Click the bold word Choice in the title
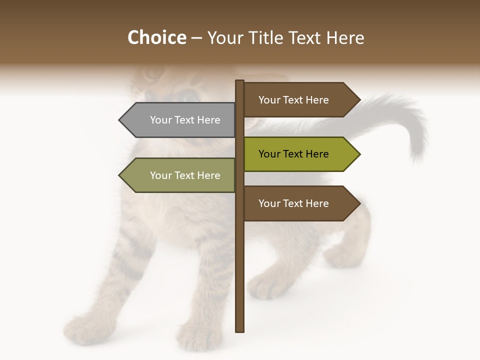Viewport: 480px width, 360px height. pos(156,37)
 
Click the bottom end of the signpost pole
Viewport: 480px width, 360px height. pos(240,330)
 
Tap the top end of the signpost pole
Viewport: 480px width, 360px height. pos(240,81)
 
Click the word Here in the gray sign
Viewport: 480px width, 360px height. pos(208,120)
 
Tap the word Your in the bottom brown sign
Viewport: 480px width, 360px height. pos(269,203)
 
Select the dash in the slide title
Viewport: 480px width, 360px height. pos(196,38)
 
